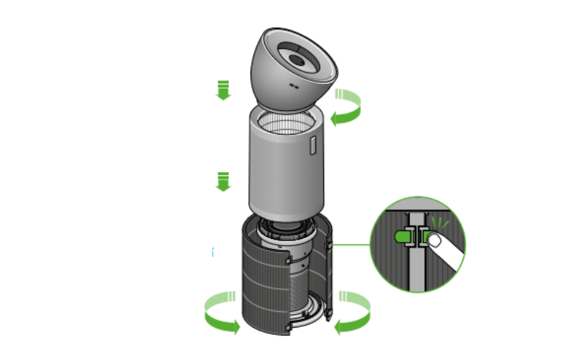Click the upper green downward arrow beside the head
coord(224,90)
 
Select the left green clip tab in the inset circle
coord(402,235)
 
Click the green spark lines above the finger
coord(441,220)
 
